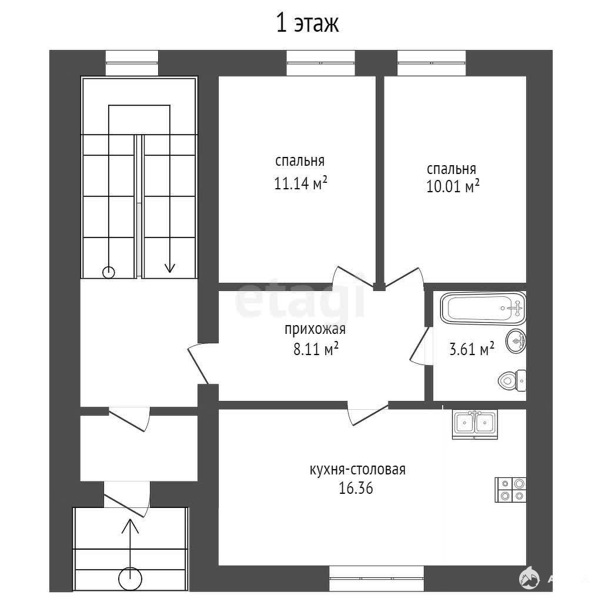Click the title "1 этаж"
point(307,23)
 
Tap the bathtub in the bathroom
point(483,308)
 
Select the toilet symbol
point(512,380)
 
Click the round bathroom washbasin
point(516,340)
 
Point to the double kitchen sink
point(475,424)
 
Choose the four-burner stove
point(510,490)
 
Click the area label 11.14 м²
point(300,183)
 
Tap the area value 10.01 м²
point(453,186)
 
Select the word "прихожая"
point(315,329)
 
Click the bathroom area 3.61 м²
point(471,349)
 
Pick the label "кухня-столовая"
point(357,470)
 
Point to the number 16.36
point(356,488)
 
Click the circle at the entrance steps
point(130,578)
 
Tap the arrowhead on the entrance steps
point(130,526)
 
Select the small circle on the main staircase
point(109,273)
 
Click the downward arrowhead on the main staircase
point(170,267)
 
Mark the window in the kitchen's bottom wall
point(377,578)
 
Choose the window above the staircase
point(132,63)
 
